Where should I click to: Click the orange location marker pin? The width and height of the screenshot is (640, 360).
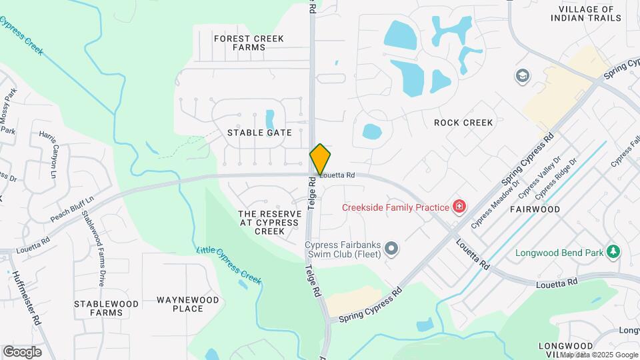coord(320,159)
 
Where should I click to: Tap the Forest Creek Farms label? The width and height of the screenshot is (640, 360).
coord(239,43)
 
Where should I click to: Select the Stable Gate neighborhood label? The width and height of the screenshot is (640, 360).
coord(259,133)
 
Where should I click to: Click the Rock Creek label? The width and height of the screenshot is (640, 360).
coord(463,123)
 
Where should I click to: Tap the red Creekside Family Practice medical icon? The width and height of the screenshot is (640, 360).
coord(459,207)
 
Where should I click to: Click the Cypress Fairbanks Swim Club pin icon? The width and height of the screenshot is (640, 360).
coord(391,249)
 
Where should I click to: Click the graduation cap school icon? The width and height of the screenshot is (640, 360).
coord(523,75)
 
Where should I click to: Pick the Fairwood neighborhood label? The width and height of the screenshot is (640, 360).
coord(535,209)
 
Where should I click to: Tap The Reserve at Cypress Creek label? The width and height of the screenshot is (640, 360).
coord(271,222)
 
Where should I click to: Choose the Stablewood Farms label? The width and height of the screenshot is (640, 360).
coord(106,308)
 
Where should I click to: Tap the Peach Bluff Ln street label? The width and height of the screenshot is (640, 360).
coord(71,209)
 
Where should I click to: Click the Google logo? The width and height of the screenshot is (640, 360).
coord(22,352)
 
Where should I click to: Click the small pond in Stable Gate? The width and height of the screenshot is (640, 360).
coord(270,120)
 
